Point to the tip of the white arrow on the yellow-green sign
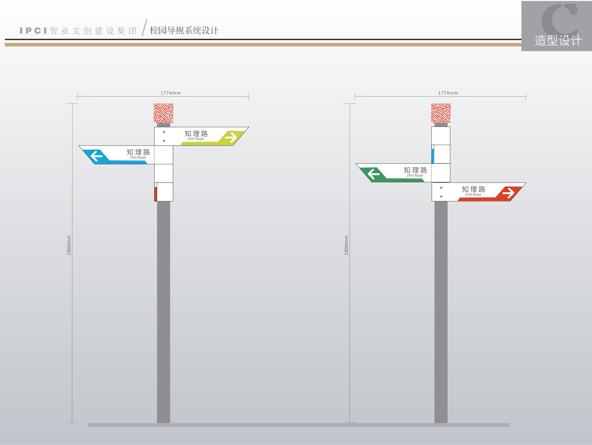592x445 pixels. point(237,137)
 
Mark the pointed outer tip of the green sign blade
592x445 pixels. point(356,164)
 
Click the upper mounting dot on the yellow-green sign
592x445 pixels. point(164,132)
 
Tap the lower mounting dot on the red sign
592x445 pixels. point(441,196)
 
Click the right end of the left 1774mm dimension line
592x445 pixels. point(249,96)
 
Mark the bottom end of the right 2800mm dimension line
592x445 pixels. point(349,423)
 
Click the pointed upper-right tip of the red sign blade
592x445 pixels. point(526,183)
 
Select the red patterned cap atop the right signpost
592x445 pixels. point(441,113)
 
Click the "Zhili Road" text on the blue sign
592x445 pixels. point(138,157)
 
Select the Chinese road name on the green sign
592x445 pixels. point(415,170)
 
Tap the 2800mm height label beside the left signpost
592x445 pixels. point(69,245)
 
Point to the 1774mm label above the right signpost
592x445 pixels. point(448,93)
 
